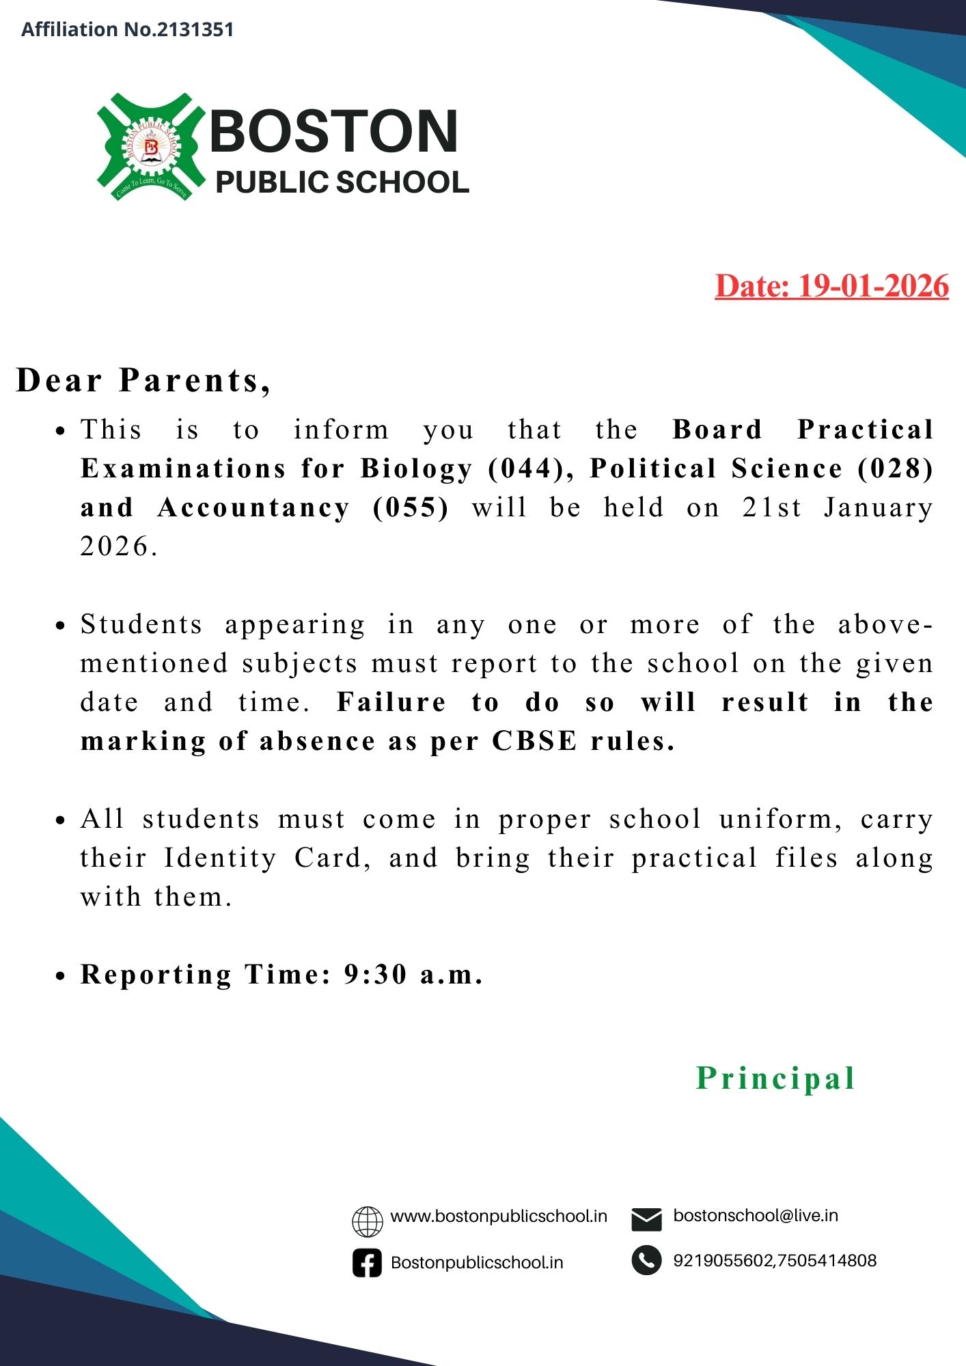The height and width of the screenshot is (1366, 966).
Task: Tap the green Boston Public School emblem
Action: [x=151, y=147]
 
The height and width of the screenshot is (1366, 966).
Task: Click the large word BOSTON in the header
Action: [x=333, y=131]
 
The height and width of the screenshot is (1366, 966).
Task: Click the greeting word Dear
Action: [x=59, y=380]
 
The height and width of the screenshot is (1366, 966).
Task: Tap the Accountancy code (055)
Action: [x=411, y=507]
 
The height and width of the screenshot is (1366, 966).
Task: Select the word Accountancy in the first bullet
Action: [x=253, y=507]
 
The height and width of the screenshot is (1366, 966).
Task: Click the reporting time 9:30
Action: [x=375, y=975]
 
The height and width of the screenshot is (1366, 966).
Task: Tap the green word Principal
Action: [x=775, y=1078]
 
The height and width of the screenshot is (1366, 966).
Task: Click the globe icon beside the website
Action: [x=368, y=1222]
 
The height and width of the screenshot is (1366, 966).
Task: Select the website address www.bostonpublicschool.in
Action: [x=499, y=1216]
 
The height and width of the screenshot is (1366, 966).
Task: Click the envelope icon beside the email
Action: [x=646, y=1219]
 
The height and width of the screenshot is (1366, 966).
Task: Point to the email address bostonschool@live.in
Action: [x=756, y=1216]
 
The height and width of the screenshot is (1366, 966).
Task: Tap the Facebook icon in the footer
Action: [x=368, y=1263]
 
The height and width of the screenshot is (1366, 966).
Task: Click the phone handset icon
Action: [x=646, y=1261]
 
